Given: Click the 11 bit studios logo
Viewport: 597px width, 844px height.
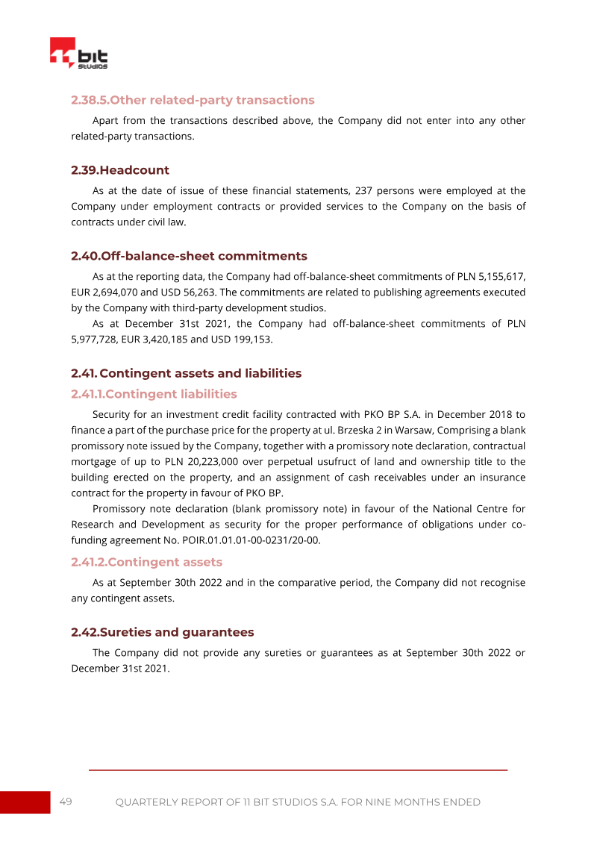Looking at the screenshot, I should [78, 54].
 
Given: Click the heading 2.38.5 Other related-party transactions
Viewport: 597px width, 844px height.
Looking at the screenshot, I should [193, 100].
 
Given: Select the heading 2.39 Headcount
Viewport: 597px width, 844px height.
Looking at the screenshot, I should [120, 170].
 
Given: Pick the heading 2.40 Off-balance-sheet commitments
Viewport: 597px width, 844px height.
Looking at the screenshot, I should [189, 256].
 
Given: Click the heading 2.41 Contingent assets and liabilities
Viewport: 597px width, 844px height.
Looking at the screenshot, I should [187, 373].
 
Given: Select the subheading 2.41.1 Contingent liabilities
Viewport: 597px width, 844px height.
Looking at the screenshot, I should [154, 394].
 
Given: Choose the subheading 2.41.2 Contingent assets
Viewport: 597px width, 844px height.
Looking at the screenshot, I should [146, 562].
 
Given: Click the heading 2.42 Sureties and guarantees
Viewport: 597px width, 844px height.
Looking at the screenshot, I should [162, 632].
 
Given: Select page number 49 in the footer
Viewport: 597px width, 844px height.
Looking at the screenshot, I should [66, 801].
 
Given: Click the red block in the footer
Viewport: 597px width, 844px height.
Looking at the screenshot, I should [25, 802].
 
